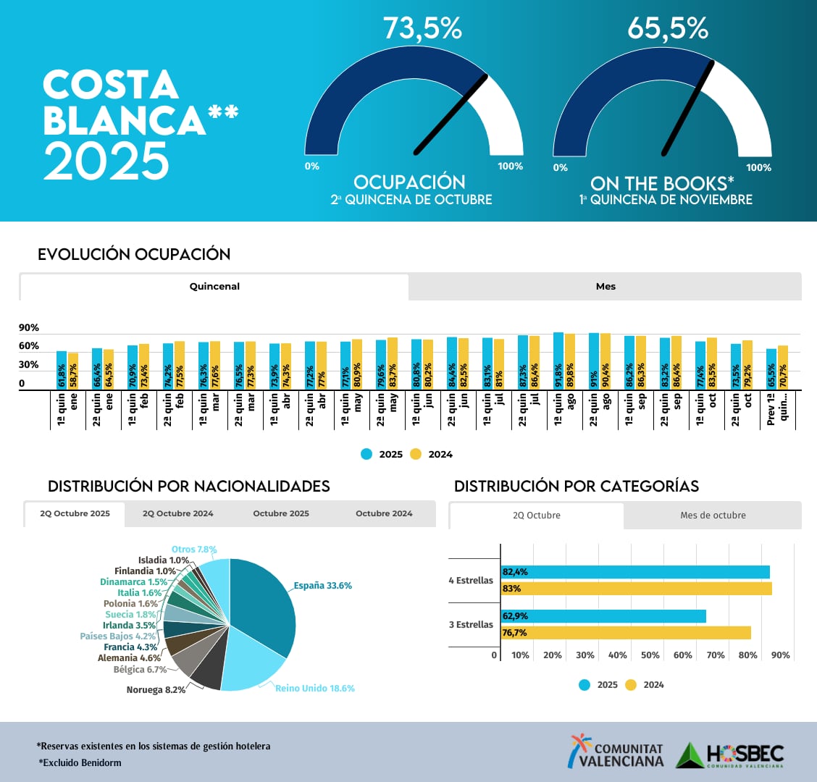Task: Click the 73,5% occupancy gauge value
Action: (x=422, y=29)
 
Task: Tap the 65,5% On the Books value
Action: (x=667, y=29)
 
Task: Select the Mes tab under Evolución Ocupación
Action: (x=606, y=287)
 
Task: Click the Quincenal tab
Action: (x=214, y=287)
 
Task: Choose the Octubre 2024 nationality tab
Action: (x=384, y=513)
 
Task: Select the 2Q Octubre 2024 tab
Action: (x=177, y=513)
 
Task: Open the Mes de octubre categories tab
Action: (x=712, y=516)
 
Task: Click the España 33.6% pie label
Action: (x=322, y=586)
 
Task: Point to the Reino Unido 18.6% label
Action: (x=315, y=689)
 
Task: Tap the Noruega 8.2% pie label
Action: (x=156, y=690)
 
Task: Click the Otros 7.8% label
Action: (x=194, y=550)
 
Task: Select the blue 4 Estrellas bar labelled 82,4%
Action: (x=635, y=572)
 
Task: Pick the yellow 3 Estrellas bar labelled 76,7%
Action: (x=626, y=633)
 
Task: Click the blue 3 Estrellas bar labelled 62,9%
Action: (x=603, y=616)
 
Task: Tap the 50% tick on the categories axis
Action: (x=650, y=655)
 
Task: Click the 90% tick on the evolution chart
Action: (x=29, y=328)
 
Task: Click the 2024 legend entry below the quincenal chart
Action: (x=432, y=455)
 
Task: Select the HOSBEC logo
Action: (x=730, y=755)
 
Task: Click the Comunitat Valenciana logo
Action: (x=616, y=752)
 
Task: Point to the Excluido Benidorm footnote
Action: (x=80, y=762)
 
